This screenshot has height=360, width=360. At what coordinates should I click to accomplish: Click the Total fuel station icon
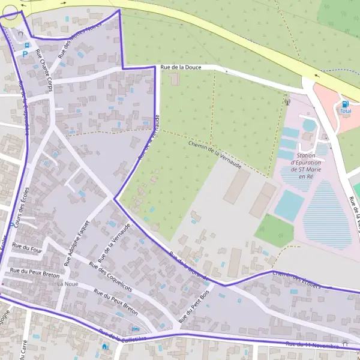click(345, 104)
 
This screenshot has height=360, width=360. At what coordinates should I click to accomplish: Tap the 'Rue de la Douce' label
click(180, 68)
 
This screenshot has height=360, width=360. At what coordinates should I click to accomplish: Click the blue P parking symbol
click(25, 54)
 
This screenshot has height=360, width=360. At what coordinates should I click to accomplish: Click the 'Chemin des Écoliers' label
click(296, 280)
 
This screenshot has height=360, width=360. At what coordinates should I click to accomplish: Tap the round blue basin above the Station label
click(309, 125)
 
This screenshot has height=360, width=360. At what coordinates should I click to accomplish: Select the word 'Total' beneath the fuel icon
click(346, 112)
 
